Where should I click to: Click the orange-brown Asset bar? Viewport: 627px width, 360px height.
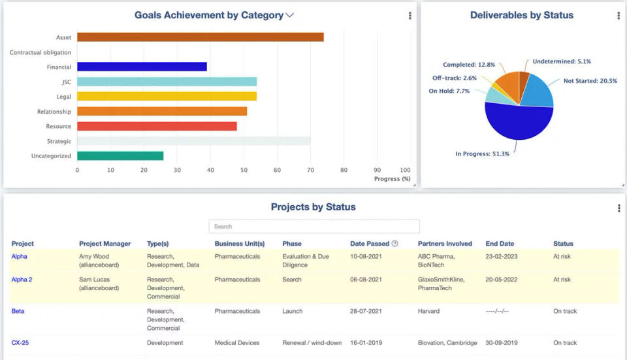point(200,37)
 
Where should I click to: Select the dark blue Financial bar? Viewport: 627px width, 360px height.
point(142,67)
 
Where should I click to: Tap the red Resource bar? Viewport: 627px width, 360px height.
point(157,126)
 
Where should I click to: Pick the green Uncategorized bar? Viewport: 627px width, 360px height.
point(120,156)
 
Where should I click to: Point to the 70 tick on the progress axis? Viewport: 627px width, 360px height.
point(310,170)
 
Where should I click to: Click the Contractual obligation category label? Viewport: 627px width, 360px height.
point(40,52)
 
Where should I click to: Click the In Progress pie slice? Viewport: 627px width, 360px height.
point(516,124)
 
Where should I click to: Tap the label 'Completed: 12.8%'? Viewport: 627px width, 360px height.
point(469,65)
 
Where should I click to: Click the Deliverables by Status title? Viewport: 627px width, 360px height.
point(522,15)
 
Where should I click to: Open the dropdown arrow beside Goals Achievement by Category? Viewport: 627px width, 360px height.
point(290,15)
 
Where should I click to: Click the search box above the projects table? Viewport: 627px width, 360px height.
point(314,227)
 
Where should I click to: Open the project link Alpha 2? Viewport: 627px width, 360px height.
point(22,280)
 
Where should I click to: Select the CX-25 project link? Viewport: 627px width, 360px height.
point(20,343)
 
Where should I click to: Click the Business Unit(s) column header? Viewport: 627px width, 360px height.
point(240,244)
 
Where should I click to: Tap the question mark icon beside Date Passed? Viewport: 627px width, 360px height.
point(395,244)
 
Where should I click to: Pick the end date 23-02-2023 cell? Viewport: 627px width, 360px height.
point(502,257)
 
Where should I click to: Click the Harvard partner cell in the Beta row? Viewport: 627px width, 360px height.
point(429,312)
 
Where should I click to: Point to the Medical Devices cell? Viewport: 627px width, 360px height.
point(237,343)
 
